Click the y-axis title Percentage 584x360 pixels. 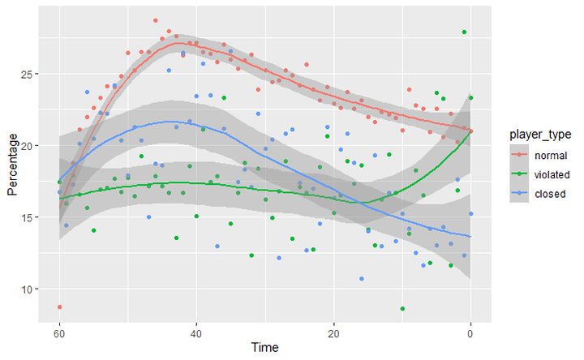tap(11, 165)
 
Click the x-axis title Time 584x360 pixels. tap(264, 348)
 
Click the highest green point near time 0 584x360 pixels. tap(464, 32)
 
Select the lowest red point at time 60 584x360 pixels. tap(59, 307)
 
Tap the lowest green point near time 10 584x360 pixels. tap(402, 309)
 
